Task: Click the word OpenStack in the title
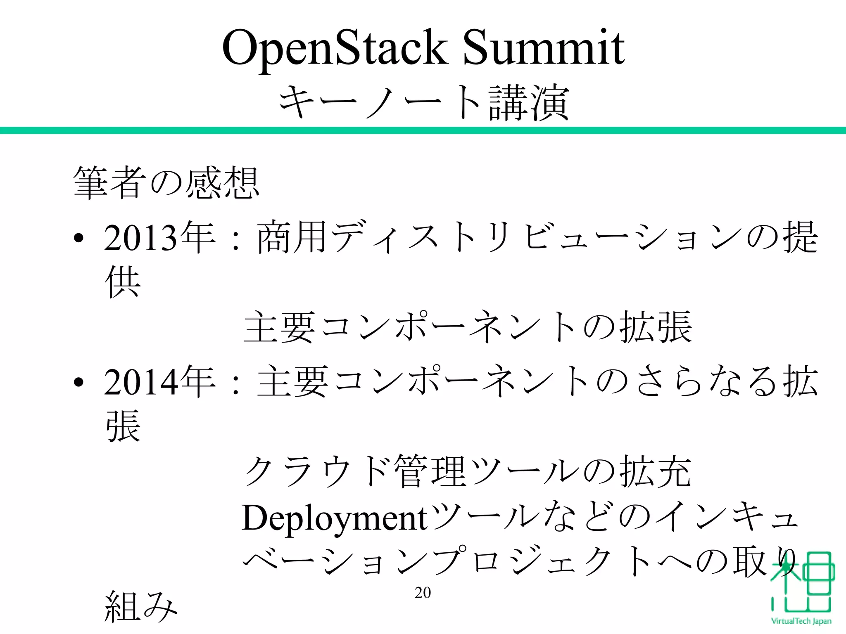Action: point(335,49)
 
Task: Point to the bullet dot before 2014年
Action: point(79,383)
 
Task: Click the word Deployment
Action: point(334,518)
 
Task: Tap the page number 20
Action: point(423,593)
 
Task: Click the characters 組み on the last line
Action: point(140,607)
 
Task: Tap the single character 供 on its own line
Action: point(123,282)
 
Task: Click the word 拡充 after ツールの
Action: point(655,472)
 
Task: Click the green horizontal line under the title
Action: point(423,130)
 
